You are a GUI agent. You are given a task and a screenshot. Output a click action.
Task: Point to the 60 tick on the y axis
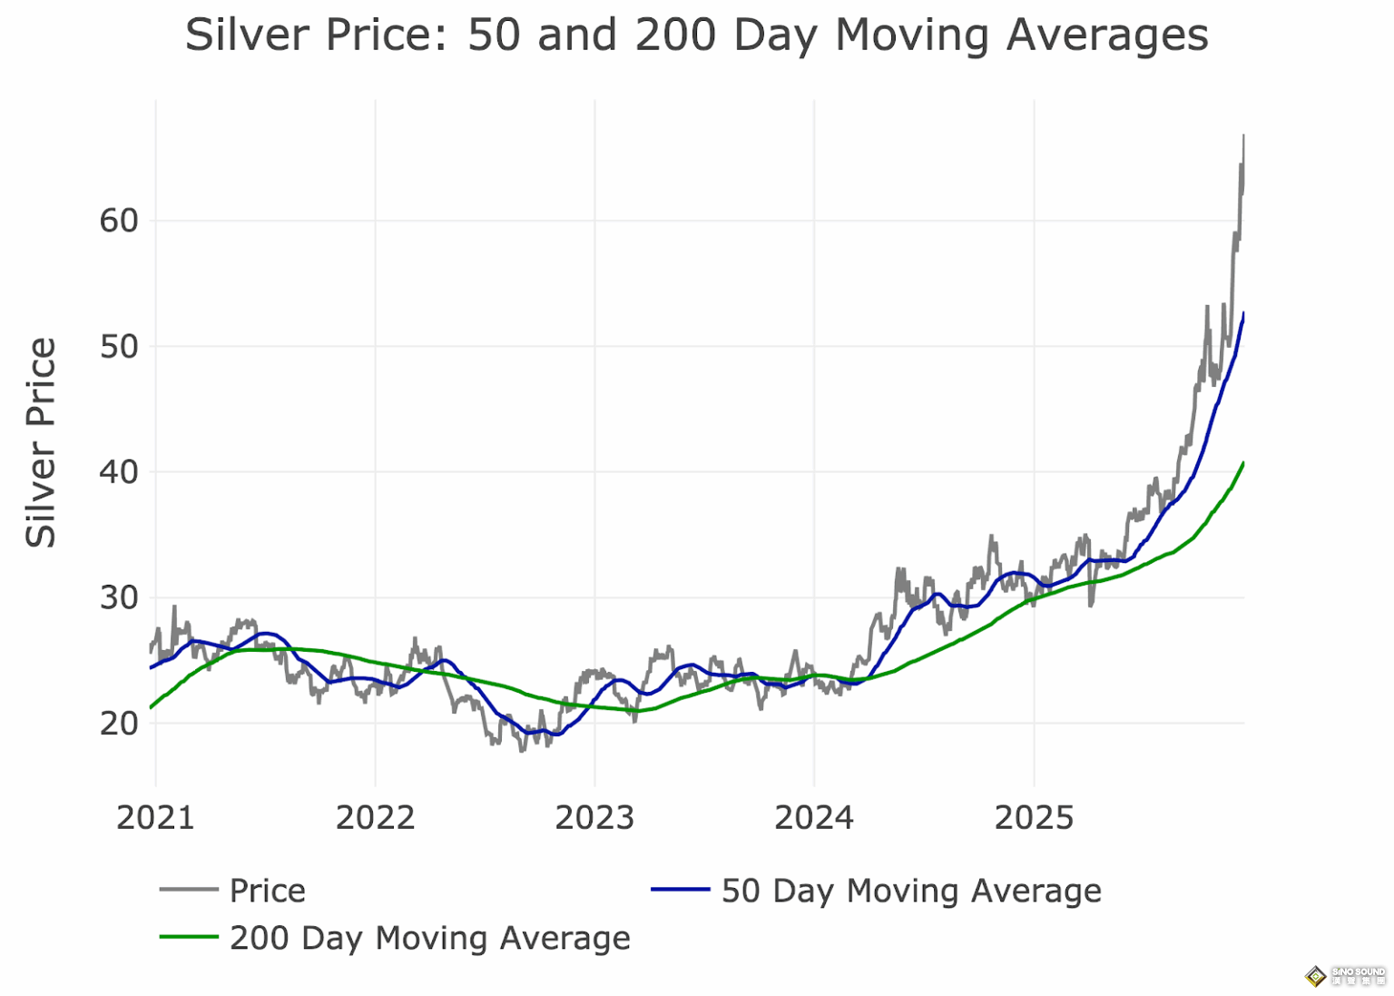coord(119,221)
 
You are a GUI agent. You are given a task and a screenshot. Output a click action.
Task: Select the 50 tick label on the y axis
coord(119,347)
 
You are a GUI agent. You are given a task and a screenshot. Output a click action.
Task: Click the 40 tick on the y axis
coord(119,472)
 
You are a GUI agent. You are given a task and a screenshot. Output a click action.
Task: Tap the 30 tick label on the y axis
coord(119,598)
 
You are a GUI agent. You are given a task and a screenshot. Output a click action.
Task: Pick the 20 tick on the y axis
coord(119,724)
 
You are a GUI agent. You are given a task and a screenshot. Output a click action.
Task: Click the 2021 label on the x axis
coord(155,818)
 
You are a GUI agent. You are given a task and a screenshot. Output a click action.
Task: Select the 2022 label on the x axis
coord(375,818)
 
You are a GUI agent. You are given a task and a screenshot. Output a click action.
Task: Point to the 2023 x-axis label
coord(594,818)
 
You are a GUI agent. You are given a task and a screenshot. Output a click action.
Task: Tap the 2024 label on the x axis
coord(814,818)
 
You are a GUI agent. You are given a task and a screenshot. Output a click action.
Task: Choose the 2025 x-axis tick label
coord(1034,818)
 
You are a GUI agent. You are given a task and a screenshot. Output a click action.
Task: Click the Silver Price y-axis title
coord(42,442)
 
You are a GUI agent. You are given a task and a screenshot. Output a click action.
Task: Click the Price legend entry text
coord(267,891)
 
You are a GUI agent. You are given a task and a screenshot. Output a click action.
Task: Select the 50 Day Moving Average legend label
coord(911,891)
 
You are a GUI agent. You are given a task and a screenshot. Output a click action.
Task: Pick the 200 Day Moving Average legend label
coord(429,938)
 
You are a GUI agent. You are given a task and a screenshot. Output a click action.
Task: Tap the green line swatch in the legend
coord(189,937)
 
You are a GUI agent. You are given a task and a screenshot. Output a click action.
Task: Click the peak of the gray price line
coord(1242,136)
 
